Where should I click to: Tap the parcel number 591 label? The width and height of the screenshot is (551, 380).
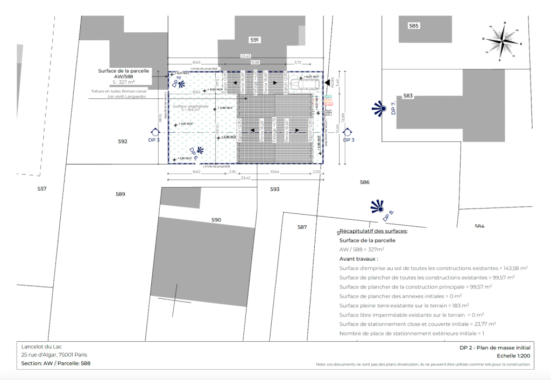click(255, 40)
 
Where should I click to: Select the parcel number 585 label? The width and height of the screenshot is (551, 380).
click(414, 26)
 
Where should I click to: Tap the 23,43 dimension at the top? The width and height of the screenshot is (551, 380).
click(245, 56)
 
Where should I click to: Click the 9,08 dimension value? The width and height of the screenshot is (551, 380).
click(255, 62)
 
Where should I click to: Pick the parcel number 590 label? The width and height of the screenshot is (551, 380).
click(216, 220)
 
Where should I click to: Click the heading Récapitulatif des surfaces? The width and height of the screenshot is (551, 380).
click(373, 231)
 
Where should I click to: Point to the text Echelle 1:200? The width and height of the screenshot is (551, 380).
click(514, 356)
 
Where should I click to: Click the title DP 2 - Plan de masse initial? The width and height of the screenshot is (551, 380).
click(495, 348)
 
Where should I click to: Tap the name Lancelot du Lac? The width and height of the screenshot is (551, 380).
click(41, 347)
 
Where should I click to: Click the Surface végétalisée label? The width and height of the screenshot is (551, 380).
click(190, 106)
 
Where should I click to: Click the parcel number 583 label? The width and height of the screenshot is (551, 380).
click(408, 96)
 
